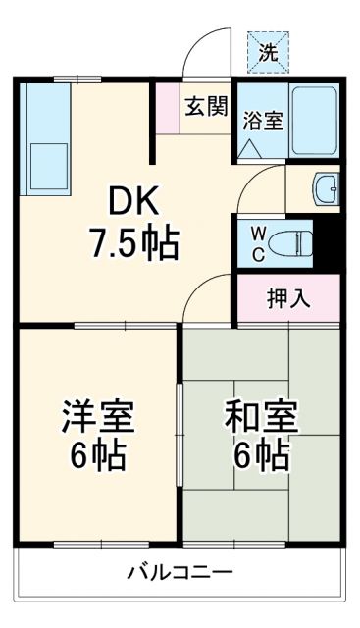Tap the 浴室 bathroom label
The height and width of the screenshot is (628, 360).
[x=264, y=120]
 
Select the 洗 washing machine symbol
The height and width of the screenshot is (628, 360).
[x=268, y=53]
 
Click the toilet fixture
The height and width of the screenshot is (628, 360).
[x=292, y=241]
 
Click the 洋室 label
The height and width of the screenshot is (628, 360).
[x=96, y=417]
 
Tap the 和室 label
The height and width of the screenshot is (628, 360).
[x=261, y=417]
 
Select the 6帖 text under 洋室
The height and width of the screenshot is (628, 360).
[x=96, y=456]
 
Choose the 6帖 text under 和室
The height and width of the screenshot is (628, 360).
[x=261, y=456]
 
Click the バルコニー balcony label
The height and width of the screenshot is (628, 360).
[x=179, y=572]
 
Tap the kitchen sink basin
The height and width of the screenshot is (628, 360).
[x=45, y=159]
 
